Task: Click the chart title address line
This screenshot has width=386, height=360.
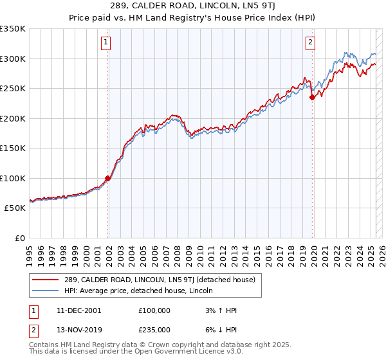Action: tap(193, 6)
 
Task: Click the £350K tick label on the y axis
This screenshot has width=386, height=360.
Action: tap(13, 29)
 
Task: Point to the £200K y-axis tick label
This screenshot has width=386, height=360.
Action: tap(13, 118)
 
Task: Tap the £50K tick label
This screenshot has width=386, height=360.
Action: tap(15, 208)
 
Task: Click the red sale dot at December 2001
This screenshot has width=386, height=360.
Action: tap(107, 179)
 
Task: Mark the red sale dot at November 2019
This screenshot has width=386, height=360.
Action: tap(312, 98)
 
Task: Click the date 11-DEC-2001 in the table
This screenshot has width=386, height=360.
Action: tap(78, 310)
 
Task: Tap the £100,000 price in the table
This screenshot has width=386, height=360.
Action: tap(154, 310)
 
